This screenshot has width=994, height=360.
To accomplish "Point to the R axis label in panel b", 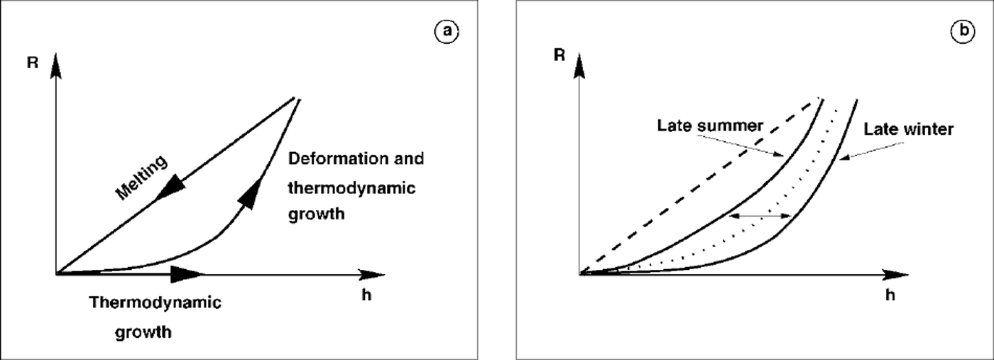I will [x=560, y=54].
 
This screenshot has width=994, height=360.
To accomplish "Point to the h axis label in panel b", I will [x=890, y=295].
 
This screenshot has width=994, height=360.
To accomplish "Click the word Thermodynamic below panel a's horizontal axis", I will [x=156, y=302].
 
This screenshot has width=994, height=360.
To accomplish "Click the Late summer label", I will [x=709, y=126].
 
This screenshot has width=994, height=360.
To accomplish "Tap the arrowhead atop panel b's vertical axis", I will [x=581, y=65].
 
